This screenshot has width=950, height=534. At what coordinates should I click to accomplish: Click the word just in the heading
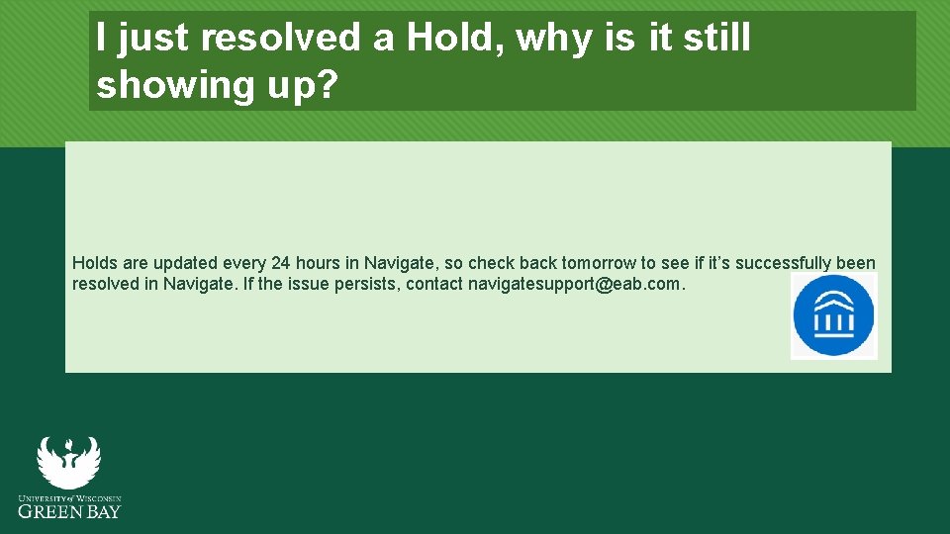[x=158, y=39]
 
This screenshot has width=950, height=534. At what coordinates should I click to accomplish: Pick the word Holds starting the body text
[x=96, y=263]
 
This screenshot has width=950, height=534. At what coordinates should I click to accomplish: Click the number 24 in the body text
[x=280, y=263]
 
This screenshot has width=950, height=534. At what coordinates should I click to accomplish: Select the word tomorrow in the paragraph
[x=598, y=263]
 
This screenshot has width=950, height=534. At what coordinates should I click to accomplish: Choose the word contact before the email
[x=433, y=285]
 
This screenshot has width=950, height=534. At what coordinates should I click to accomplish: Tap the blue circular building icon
[x=833, y=315]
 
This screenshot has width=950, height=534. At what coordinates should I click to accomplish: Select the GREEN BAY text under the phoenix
[x=69, y=511]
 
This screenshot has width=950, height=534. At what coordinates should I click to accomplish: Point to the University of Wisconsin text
[x=69, y=497]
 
